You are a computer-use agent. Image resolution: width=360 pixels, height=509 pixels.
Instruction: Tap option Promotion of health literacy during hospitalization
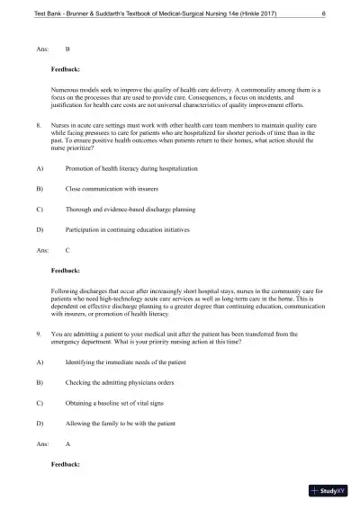(131, 168)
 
